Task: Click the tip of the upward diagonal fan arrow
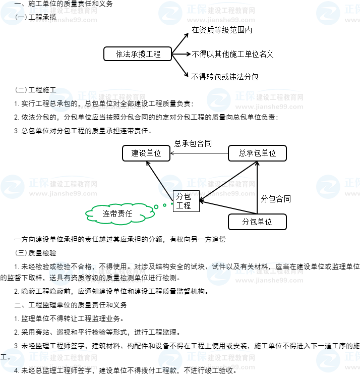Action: (x=188, y=34)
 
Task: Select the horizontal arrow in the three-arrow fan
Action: (x=181, y=54)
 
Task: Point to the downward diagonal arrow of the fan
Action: (x=181, y=66)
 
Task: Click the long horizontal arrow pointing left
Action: (x=199, y=153)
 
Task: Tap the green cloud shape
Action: (x=119, y=213)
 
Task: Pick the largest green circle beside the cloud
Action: (x=156, y=206)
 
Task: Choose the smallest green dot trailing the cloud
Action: (x=171, y=204)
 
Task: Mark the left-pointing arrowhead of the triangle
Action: (x=202, y=201)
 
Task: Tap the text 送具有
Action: (x=60, y=277)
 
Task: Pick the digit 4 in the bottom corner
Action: (x=16, y=370)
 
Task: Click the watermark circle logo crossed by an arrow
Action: (x=170, y=187)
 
